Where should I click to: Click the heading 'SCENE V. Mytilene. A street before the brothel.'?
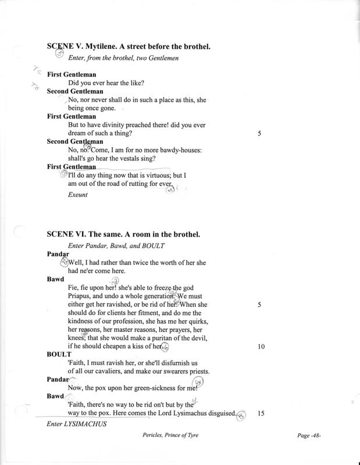pyautogui.click(x=137, y=45)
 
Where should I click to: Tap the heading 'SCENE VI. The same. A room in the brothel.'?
pyautogui.click(x=122, y=235)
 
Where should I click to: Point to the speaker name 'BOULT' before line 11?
pyautogui.click(x=58, y=354)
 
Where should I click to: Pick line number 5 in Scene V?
pyautogui.click(x=261, y=133)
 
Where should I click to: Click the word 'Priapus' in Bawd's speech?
pyautogui.click(x=83, y=295)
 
